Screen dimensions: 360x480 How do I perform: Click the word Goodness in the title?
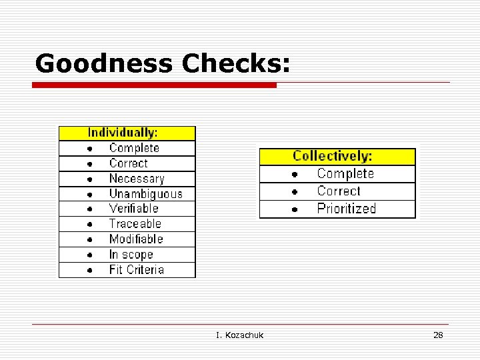(x=103, y=64)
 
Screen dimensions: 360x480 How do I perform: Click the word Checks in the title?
(x=236, y=64)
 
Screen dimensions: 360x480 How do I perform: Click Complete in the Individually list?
(x=134, y=148)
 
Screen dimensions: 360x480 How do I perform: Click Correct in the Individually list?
(x=128, y=163)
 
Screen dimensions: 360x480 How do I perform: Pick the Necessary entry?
(x=136, y=179)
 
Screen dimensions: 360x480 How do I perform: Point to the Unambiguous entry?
(x=145, y=194)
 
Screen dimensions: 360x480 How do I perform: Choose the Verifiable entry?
(x=133, y=209)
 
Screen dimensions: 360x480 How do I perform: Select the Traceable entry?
(x=135, y=224)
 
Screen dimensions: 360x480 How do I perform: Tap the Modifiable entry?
(x=136, y=239)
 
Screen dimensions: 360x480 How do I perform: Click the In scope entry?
(x=131, y=255)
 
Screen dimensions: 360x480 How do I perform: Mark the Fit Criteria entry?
(x=136, y=270)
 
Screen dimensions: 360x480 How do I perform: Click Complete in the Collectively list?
(x=345, y=174)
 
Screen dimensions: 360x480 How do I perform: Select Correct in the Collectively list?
(x=339, y=191)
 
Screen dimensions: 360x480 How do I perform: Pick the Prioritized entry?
(x=346, y=209)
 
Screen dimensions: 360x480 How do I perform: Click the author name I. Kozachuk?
(x=239, y=335)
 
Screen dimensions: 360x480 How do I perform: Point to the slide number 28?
(x=438, y=335)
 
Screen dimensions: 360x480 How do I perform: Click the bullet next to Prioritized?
(x=294, y=209)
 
